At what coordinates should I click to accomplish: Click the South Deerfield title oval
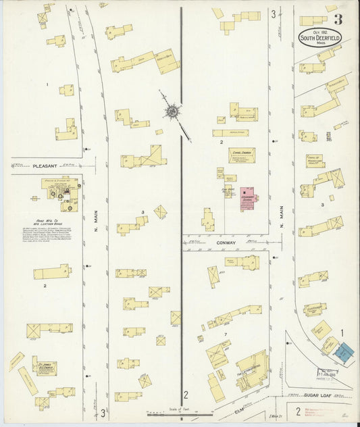[320, 36]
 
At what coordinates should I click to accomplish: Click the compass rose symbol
[173, 109]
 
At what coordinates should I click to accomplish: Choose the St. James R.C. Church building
[45, 368]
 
